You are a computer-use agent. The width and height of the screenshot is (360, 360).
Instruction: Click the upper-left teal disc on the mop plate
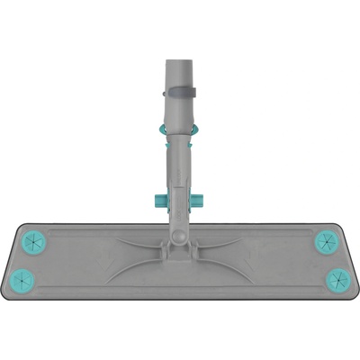[x=34, y=242]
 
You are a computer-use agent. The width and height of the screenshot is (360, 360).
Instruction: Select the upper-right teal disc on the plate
[x=325, y=242]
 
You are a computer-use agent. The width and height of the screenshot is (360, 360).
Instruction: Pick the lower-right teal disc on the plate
[x=334, y=276]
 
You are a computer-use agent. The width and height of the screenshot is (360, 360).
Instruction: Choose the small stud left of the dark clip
[x=165, y=89]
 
